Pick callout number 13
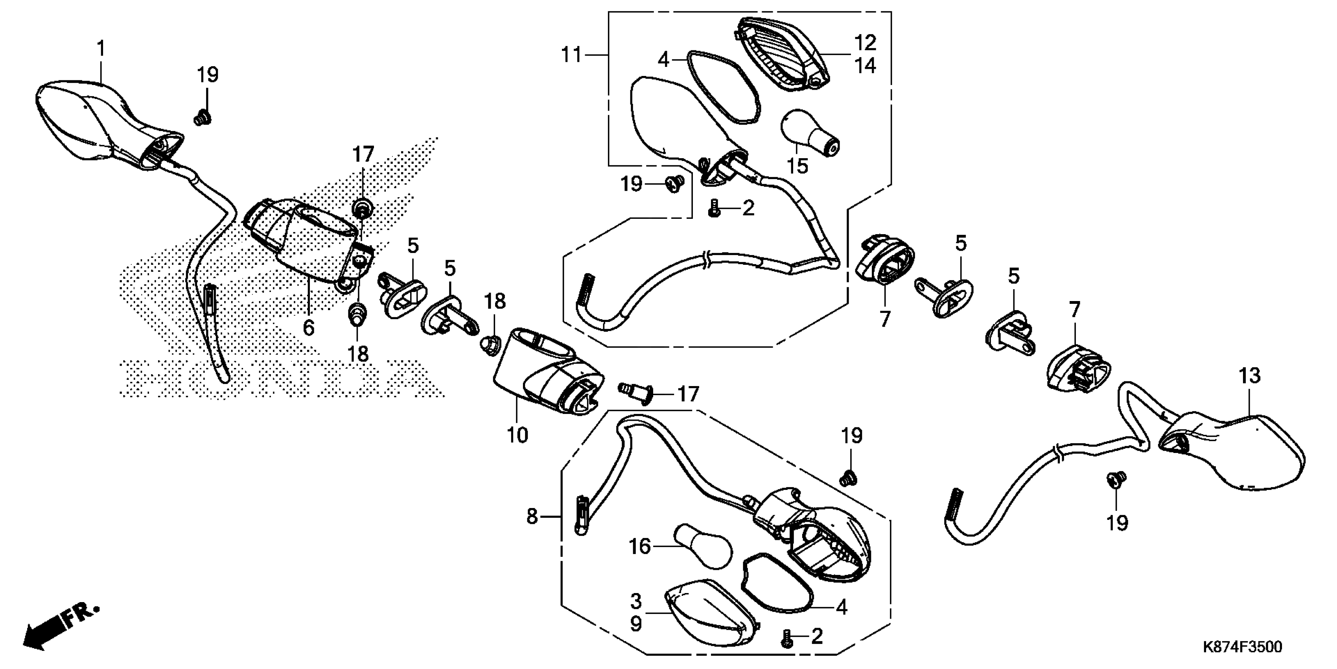[1249, 375]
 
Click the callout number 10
[517, 435]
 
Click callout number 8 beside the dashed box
[532, 517]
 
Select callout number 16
[639, 547]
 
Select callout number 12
[865, 43]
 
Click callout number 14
[865, 66]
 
